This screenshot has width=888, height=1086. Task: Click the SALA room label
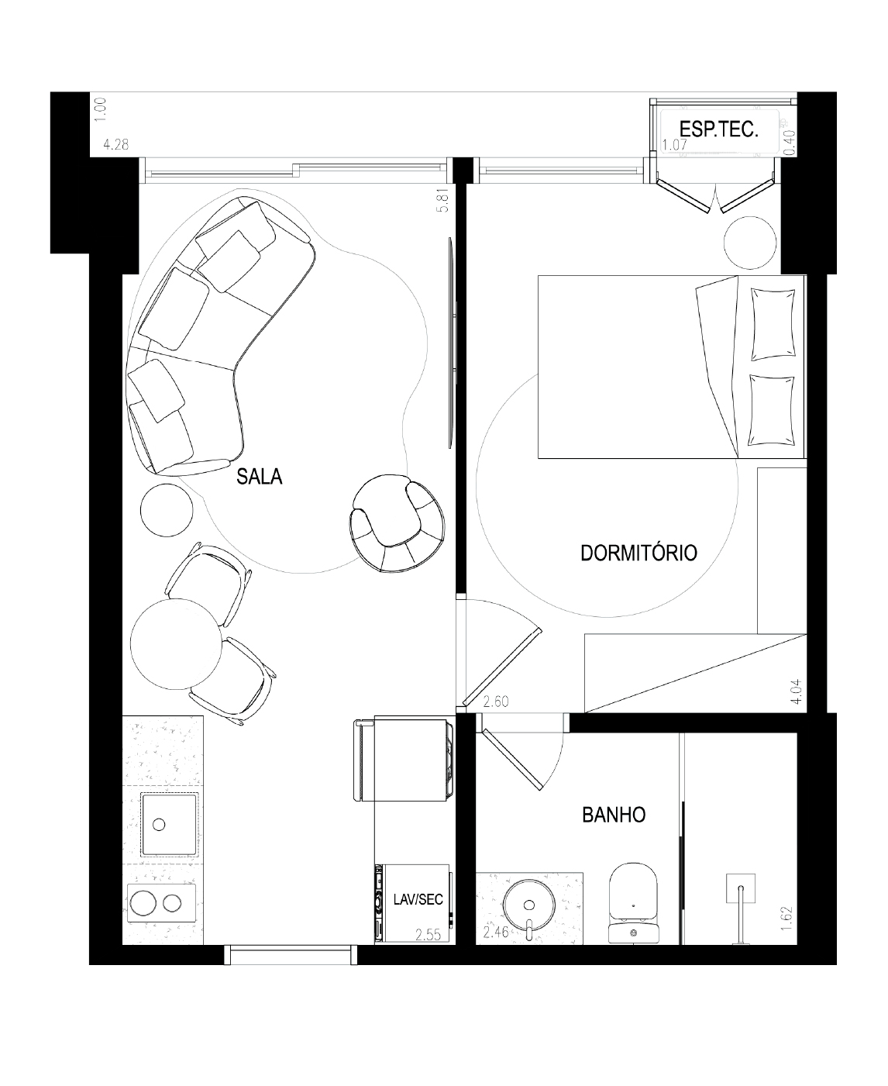[x=260, y=476]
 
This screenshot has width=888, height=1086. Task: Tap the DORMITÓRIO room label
[x=638, y=553]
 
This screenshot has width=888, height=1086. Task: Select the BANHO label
[x=614, y=815]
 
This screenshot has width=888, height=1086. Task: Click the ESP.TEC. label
[x=719, y=129]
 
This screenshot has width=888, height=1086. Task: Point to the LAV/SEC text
[x=418, y=900]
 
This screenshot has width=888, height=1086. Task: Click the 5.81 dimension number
[x=443, y=200]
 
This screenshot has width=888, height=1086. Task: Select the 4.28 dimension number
[x=115, y=144]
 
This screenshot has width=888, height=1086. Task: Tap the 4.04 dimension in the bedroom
[x=797, y=692]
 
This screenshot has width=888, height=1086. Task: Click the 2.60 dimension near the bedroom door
[x=496, y=702]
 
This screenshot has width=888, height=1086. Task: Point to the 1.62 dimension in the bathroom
[x=786, y=918]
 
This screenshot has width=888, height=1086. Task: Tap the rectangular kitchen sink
[x=170, y=825]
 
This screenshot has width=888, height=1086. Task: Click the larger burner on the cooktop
[x=143, y=903]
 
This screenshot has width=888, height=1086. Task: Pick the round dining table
[x=176, y=643]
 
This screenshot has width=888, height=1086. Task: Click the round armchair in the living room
[x=397, y=522]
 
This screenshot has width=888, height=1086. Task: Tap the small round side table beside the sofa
[x=167, y=510]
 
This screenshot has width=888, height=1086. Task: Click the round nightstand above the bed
[x=749, y=242]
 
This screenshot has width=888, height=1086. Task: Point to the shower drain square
[x=741, y=888]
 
